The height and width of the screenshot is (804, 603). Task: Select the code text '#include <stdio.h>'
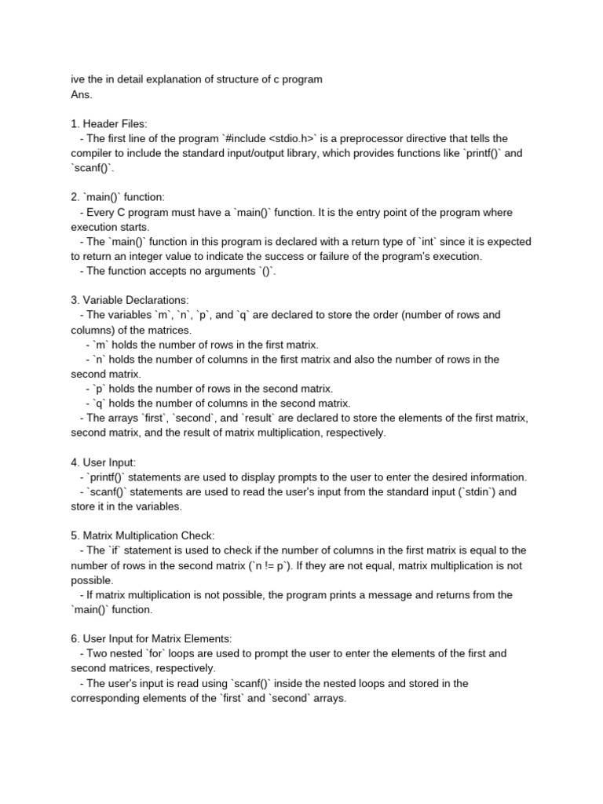(269, 138)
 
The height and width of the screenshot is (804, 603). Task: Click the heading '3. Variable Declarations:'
(130, 300)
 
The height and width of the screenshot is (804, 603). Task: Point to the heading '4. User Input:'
(103, 462)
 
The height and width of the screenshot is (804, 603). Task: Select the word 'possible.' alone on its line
(92, 580)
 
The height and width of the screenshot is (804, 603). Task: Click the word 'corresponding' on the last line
(108, 698)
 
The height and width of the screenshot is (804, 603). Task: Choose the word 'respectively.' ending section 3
(357, 433)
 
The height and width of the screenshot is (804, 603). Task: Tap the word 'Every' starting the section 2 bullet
(101, 212)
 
